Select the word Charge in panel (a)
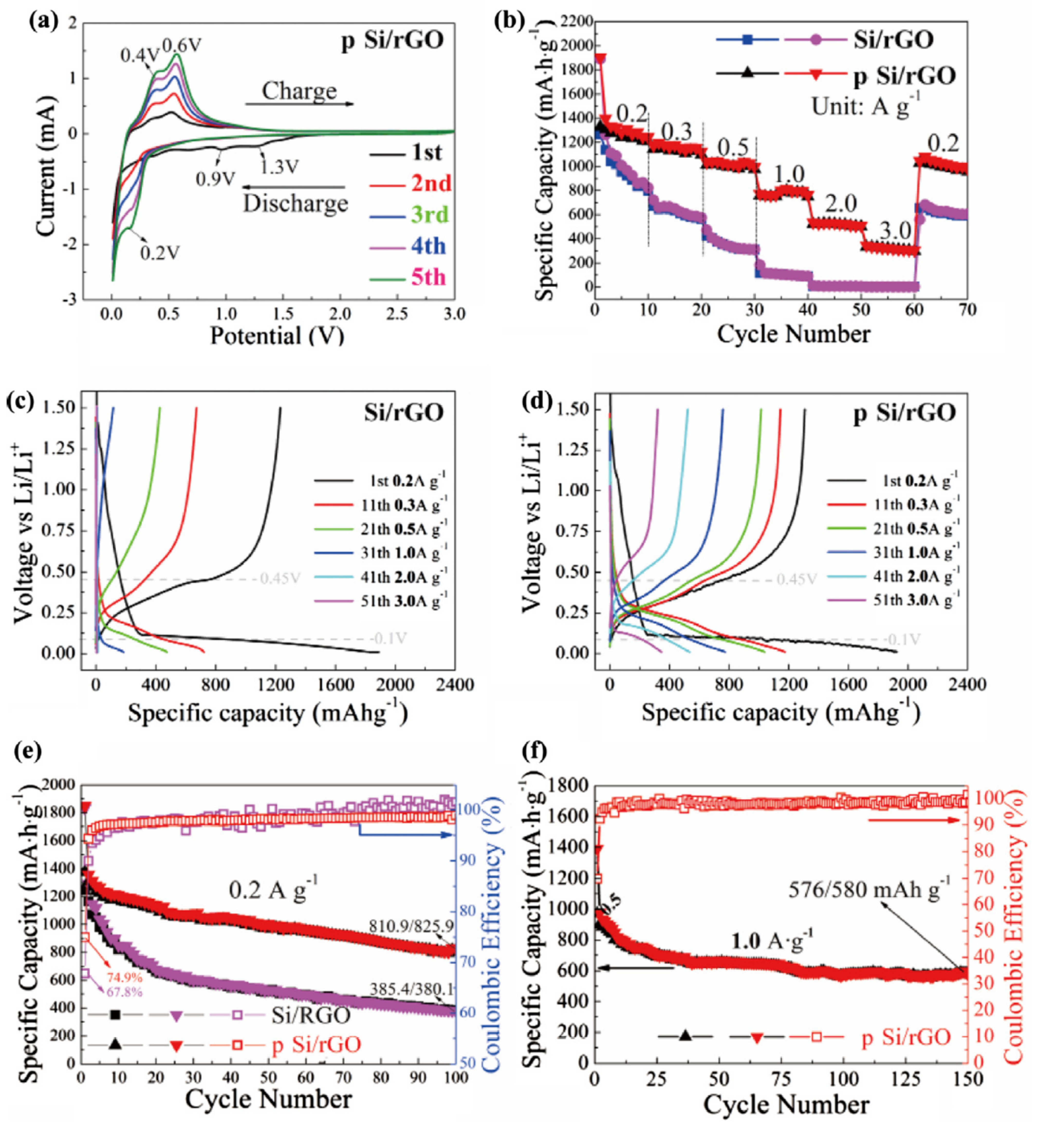pos(299,91)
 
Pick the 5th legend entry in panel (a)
pos(428,277)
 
